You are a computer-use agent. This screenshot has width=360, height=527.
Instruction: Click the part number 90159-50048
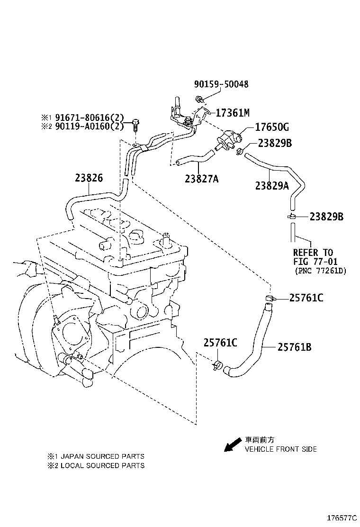pos(221,84)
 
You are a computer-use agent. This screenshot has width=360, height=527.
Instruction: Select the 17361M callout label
pos(232,113)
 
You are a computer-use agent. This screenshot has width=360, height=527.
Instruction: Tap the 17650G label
pos(272,127)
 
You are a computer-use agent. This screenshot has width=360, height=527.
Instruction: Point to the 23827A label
pos(202,179)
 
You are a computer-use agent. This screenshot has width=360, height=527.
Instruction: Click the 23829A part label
pos(272,186)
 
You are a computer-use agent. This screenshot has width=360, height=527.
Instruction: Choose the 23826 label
pos(89,178)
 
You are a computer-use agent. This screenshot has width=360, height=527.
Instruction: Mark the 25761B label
pos(294,347)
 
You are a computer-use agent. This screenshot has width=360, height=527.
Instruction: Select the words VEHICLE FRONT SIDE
pos(280,449)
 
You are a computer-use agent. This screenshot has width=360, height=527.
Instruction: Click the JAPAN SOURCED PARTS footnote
pos(99,456)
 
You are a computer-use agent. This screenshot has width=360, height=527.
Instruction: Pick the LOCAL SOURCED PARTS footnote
pos(99,465)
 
